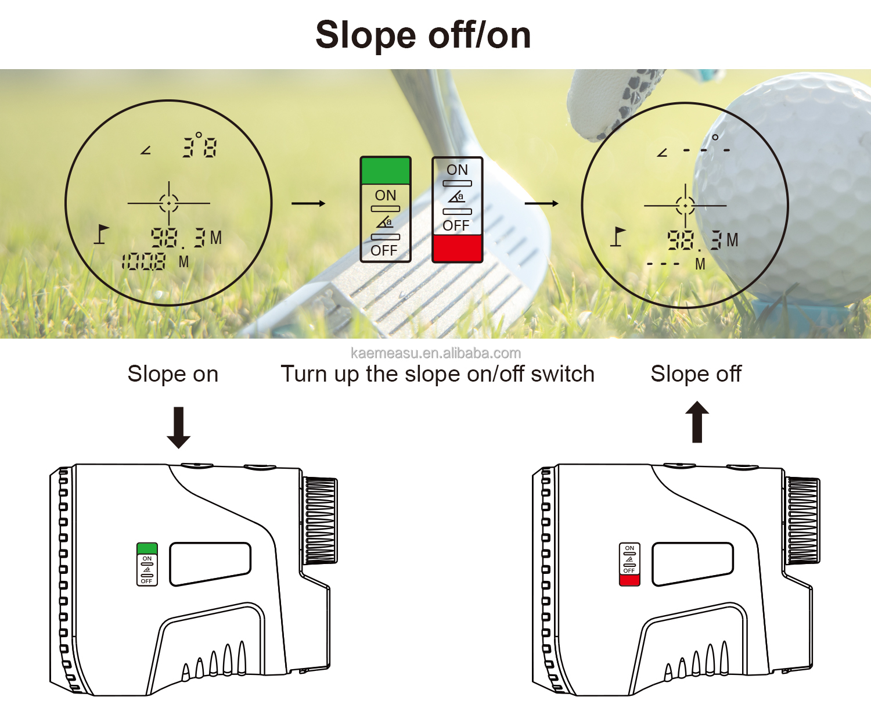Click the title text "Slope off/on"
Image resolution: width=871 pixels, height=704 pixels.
point(423,35)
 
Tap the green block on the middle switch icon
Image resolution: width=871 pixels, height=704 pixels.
point(386,171)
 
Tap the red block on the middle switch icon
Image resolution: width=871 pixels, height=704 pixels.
point(458,248)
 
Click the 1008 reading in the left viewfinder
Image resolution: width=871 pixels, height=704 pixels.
point(144,262)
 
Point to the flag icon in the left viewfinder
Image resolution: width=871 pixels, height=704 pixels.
point(102,234)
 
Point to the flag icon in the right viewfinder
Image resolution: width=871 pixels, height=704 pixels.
point(618,236)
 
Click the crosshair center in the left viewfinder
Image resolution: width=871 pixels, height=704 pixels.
point(169,203)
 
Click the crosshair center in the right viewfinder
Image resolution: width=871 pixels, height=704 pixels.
point(685,206)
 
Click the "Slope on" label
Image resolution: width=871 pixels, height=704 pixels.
point(172,374)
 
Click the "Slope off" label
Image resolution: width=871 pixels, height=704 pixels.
point(696,374)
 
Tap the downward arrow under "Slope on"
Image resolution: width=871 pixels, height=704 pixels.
point(178,428)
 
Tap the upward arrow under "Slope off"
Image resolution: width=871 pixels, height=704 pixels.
point(697,422)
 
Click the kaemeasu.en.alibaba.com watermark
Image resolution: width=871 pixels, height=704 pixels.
point(435,353)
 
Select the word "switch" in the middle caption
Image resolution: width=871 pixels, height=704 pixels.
point(562,374)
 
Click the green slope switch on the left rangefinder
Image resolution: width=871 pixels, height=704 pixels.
point(147,548)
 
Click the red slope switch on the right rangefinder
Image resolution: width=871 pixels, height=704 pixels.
point(629,580)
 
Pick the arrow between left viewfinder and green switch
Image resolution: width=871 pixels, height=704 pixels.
point(308,203)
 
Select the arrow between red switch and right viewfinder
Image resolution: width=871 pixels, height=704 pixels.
point(541,203)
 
